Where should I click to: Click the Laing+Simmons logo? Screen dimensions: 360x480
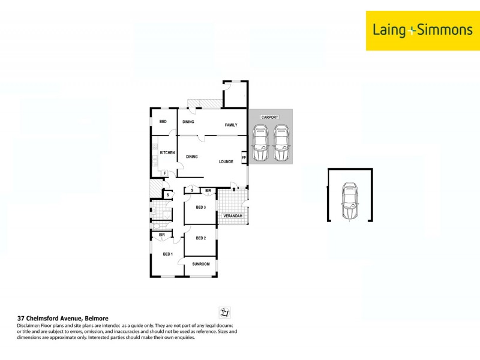(423, 30)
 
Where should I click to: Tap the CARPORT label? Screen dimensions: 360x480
(269, 117)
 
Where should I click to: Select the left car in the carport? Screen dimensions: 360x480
(260, 143)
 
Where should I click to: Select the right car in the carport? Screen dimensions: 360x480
(281, 143)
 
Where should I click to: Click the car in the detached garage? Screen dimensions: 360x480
(349, 202)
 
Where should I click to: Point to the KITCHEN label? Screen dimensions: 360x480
(167, 153)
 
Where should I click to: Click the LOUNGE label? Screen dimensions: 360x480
(226, 161)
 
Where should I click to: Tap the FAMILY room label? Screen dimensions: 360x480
(231, 125)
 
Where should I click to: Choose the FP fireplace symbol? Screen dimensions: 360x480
(244, 158)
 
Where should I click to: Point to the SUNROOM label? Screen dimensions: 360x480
(200, 264)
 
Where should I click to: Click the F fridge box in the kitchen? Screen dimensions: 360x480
(165, 173)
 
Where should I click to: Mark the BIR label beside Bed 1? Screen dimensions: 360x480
(162, 235)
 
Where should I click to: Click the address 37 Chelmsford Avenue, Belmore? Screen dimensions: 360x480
(62, 318)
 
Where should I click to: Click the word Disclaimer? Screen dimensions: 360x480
(29, 325)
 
